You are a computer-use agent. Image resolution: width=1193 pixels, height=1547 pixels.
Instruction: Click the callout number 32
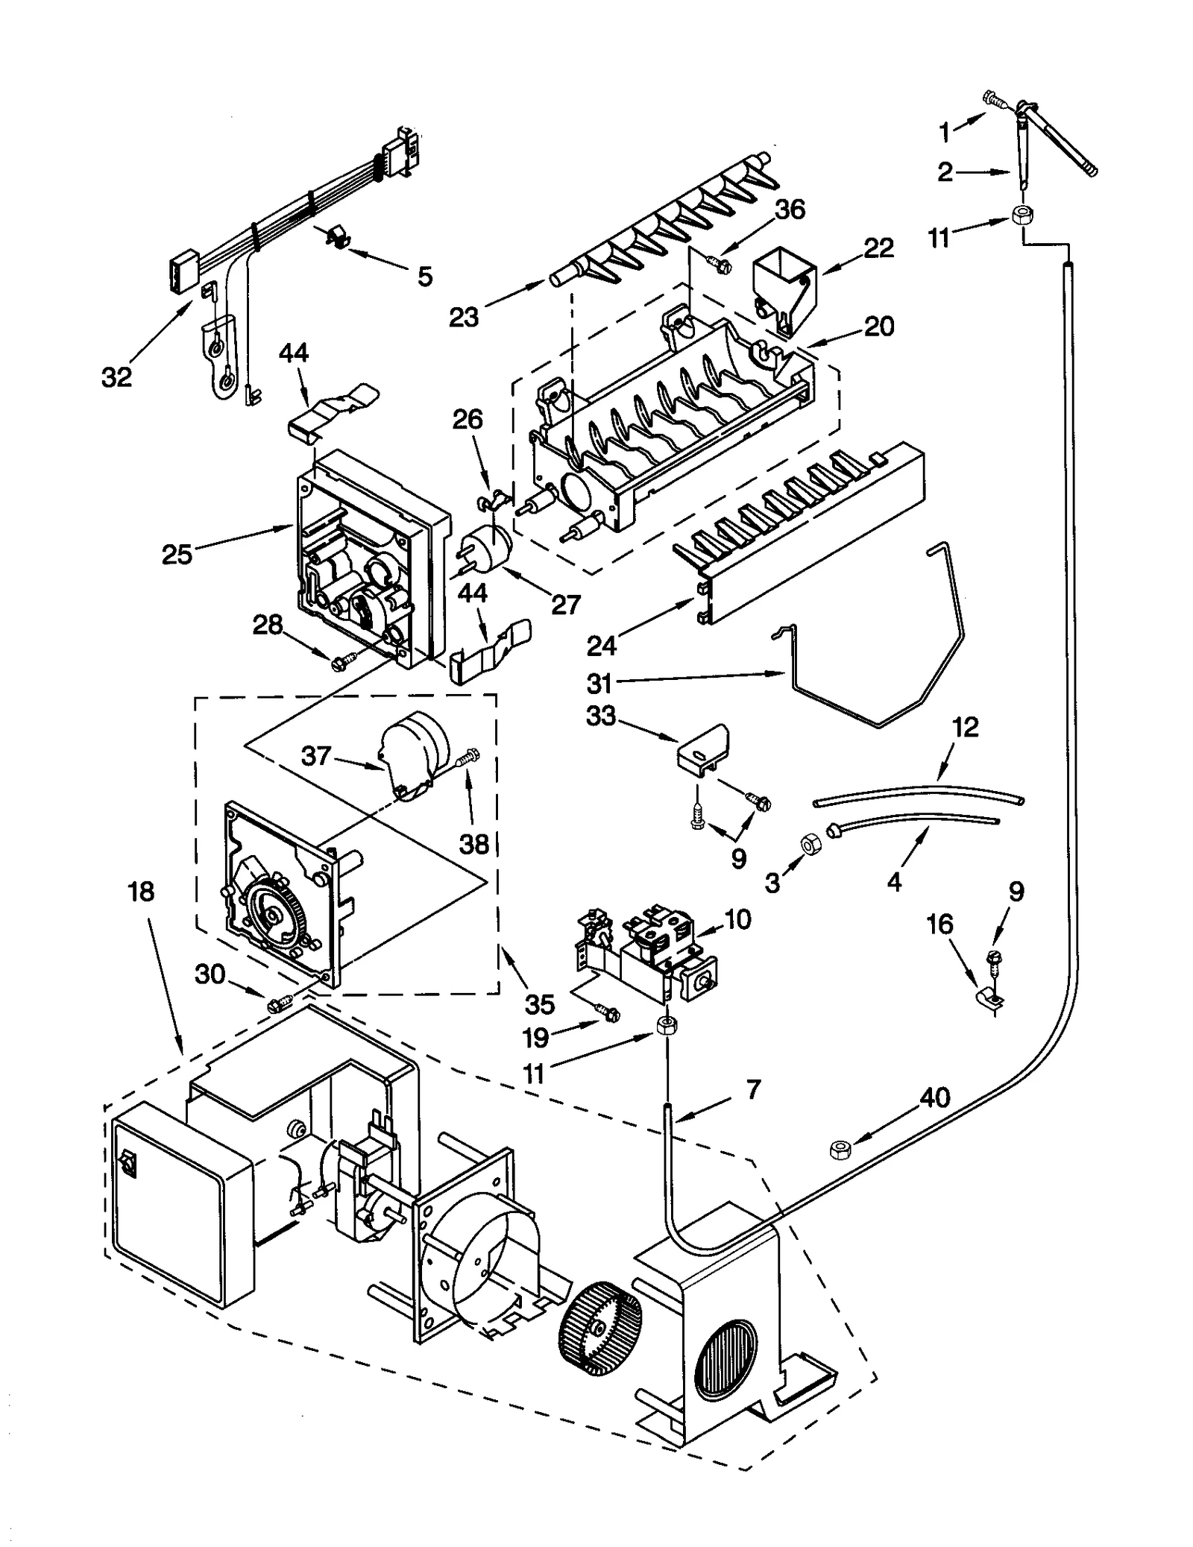(x=116, y=376)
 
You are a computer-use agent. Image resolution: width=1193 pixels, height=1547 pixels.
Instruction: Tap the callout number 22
(x=878, y=247)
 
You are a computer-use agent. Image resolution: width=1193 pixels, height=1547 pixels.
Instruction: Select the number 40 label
(x=934, y=1097)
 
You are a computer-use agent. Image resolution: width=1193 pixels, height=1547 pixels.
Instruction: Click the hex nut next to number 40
(x=840, y=1150)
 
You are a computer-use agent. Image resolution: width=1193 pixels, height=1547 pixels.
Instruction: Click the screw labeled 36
(x=719, y=263)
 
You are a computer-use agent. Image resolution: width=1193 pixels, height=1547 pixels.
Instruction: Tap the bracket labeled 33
(x=703, y=746)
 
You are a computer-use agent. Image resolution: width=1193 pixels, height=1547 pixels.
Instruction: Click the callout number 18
(x=141, y=891)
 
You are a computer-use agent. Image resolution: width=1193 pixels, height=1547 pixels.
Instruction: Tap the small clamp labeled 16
(x=991, y=997)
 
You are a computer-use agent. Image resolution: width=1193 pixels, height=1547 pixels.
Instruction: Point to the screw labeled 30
(x=277, y=1003)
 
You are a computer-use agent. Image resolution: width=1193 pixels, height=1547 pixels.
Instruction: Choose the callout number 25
(x=177, y=554)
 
